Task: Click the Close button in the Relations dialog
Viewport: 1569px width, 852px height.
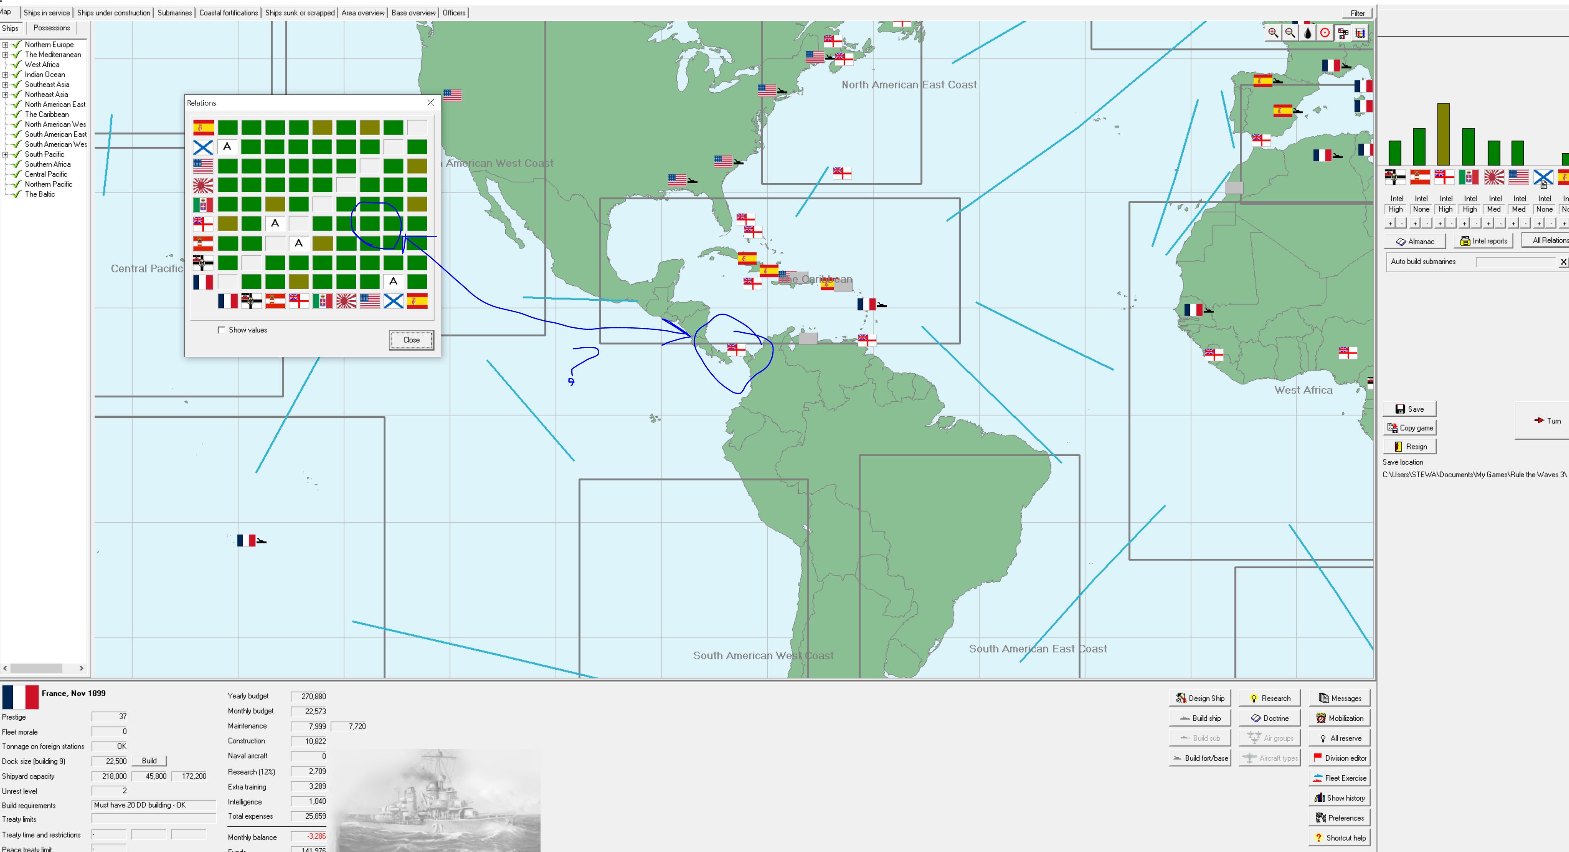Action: pyautogui.click(x=411, y=340)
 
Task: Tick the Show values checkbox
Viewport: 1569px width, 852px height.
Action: pyautogui.click(x=221, y=330)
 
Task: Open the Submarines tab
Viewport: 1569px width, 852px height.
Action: pyautogui.click(x=174, y=13)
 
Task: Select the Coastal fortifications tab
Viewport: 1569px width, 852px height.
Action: pyautogui.click(x=228, y=13)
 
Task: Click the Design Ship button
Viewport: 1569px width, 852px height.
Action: pyautogui.click(x=1200, y=698)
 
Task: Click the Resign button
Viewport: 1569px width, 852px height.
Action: pyautogui.click(x=1410, y=447)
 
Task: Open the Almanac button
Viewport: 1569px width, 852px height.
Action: pyautogui.click(x=1415, y=241)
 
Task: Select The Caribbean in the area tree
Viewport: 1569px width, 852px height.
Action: pyautogui.click(x=47, y=115)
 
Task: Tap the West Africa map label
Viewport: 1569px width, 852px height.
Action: pyautogui.click(x=1303, y=390)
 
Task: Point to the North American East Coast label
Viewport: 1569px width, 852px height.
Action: pyautogui.click(x=909, y=85)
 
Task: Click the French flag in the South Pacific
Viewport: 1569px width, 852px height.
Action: pyautogui.click(x=246, y=540)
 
